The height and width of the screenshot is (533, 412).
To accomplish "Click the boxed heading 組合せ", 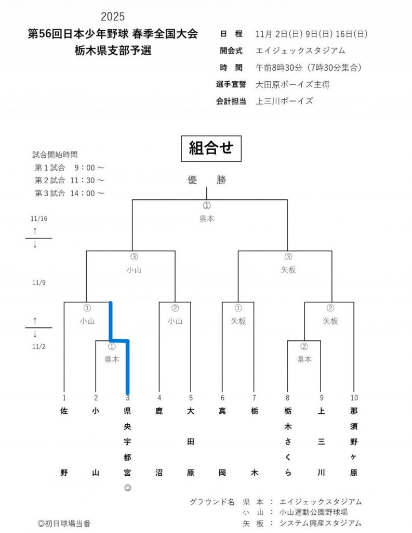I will (211, 148).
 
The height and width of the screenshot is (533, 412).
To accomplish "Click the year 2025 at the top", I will (113, 17).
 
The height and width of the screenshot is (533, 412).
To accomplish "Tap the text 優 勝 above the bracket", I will (207, 180).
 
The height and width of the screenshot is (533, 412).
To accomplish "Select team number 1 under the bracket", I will (64, 398).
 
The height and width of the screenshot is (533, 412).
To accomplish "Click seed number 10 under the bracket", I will (354, 398).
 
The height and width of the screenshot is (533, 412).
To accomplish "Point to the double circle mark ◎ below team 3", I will (127, 488).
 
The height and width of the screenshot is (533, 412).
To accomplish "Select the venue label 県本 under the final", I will (207, 219).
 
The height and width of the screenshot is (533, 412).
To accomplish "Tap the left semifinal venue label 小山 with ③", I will (134, 270).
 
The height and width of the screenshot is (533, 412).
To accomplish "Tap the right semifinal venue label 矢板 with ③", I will (288, 270).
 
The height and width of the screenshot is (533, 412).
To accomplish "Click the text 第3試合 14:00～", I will (70, 193).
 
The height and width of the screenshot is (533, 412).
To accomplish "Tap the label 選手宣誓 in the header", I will (231, 84).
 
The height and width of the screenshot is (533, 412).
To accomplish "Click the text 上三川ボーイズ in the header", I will (285, 101).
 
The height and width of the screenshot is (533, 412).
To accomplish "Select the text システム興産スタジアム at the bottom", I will (321, 523).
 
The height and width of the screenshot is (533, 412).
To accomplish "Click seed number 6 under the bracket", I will (222, 398).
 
